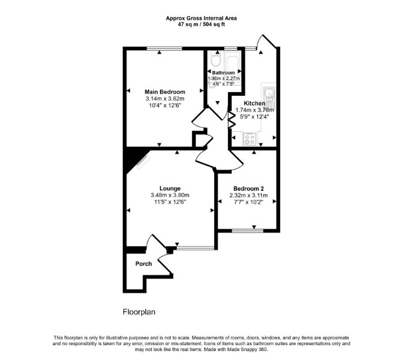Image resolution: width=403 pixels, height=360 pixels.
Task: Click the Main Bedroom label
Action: [165, 92]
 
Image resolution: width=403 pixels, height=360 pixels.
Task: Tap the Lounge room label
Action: [170, 188]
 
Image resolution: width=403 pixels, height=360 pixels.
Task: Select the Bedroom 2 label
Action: [248, 188]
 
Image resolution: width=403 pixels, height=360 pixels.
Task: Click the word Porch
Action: [143, 264]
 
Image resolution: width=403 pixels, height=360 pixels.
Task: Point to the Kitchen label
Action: [254, 104]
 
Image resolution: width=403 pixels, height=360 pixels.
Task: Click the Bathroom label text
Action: [223, 73]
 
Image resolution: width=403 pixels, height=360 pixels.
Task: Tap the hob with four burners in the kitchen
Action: [249, 139]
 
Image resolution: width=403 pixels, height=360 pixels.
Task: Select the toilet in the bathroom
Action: [214, 58]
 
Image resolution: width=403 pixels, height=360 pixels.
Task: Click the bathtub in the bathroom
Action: [233, 68]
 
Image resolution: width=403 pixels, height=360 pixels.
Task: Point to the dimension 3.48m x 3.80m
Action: [170, 195]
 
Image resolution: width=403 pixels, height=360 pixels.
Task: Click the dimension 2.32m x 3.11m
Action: [248, 196]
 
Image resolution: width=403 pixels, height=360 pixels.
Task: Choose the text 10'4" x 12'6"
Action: [165, 105]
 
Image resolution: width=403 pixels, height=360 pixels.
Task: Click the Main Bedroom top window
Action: [164, 48]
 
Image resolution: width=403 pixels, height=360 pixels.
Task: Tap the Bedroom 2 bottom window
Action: [248, 231]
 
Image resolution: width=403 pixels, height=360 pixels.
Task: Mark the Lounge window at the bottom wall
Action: [195, 248]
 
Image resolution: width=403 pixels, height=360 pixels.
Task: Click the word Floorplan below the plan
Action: [139, 312]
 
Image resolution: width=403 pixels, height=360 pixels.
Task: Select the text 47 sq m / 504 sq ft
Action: [202, 25]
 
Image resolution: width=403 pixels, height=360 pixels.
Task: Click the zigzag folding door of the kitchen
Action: [232, 120]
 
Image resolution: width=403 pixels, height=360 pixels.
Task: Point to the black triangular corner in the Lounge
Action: [133, 158]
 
